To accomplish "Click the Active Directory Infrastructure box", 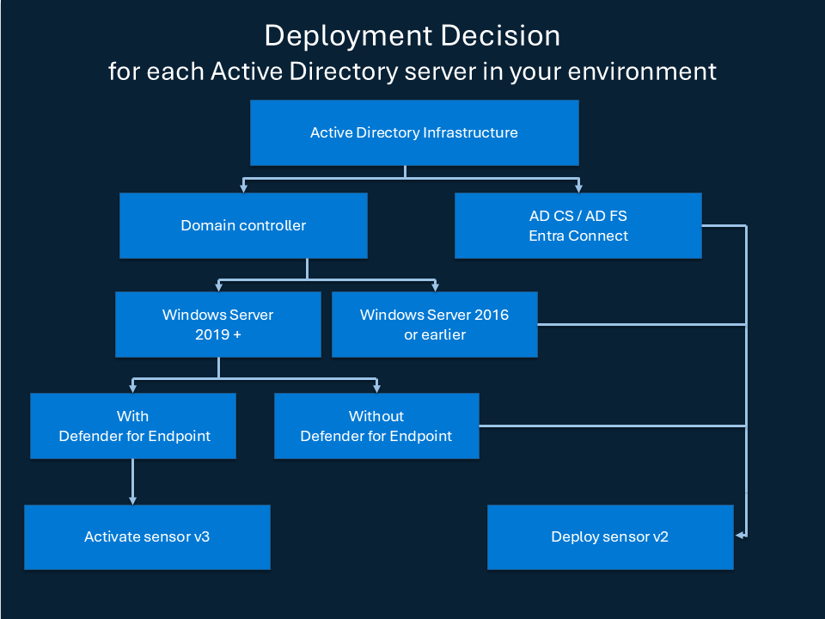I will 413,132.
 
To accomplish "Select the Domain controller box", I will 243,225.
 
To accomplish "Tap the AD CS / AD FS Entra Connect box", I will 578,225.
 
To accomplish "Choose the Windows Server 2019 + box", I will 218,324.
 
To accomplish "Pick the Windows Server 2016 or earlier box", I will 434,324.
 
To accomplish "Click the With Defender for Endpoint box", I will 133,426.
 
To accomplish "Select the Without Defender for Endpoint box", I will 376,426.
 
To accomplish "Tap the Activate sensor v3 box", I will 147,536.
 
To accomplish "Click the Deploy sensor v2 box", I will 609,536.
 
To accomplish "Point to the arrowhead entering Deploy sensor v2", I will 740,536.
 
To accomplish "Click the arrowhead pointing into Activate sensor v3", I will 132,499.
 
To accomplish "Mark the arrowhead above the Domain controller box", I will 244,187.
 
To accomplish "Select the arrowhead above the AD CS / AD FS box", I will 578,187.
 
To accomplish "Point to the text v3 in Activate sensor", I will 201,536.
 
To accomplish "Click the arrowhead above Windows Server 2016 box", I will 435,286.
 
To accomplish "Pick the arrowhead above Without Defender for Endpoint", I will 376,387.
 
